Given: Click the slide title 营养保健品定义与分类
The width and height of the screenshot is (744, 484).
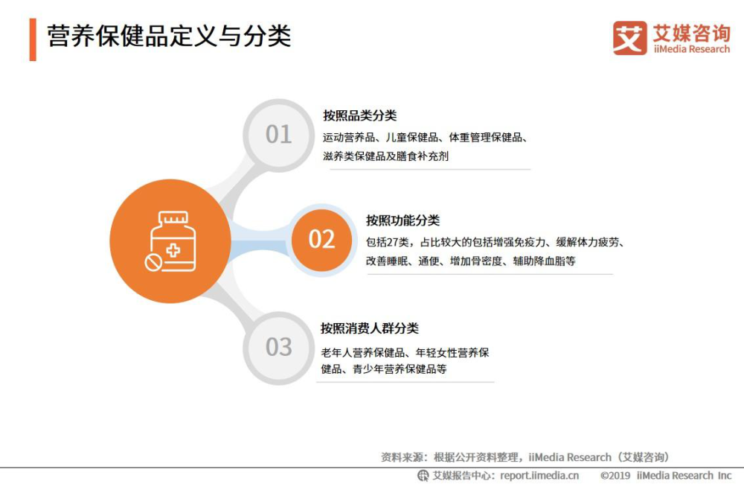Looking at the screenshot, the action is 169,36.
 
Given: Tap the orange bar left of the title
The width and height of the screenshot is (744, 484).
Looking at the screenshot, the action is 33,39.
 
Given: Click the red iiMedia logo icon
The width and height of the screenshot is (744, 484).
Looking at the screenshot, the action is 629,38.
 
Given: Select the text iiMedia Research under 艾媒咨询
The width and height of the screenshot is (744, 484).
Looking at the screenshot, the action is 691,49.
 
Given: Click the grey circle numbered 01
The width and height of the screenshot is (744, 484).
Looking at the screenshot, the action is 278,135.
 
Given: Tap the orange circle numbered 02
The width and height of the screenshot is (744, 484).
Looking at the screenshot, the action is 321,239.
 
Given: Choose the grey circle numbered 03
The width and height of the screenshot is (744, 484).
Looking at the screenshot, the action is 278,347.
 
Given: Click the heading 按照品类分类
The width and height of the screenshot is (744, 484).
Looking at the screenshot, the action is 359,115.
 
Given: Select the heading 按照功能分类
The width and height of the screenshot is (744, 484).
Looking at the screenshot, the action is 403,220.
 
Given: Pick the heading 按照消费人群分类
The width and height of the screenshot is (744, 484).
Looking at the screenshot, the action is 370,328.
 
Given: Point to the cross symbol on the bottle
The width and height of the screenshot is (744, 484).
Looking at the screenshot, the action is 173,250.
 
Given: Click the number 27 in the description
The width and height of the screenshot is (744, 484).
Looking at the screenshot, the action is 393,242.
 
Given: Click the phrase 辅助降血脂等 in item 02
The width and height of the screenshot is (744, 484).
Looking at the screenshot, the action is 545,261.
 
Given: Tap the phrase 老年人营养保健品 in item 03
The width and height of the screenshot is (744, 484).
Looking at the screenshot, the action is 363,352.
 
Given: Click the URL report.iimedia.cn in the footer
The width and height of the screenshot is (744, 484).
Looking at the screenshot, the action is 539,476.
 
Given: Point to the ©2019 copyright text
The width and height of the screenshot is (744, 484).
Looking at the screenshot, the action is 615,476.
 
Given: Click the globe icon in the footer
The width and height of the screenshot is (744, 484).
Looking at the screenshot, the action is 423,476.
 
